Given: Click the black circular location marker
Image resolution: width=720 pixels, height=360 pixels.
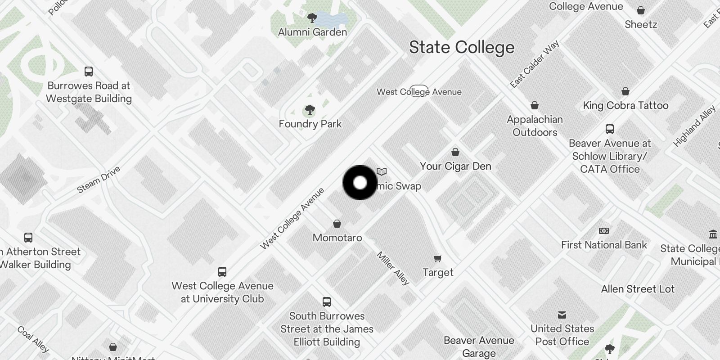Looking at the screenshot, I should coord(360,183).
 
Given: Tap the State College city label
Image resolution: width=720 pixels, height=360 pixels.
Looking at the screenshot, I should coord(461,47).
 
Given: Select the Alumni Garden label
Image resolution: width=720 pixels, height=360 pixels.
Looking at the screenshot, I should coord(312,32).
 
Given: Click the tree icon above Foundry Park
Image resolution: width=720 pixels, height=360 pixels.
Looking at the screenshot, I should coord(310,110).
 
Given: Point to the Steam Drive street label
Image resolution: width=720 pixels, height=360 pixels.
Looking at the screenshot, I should coord(99,180).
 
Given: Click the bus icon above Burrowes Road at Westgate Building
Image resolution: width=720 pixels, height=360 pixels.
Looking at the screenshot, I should coord(89,71).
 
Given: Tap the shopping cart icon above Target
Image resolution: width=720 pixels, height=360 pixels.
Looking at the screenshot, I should coord(438,258).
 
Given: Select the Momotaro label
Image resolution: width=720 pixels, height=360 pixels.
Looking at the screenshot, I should coord(337,238).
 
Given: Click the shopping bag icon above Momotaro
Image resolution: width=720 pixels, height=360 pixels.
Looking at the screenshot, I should coord(337,224).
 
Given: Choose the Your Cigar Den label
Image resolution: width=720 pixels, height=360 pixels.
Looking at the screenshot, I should coord(455,166).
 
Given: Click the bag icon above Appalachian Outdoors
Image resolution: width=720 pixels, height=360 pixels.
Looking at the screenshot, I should coord(535,105).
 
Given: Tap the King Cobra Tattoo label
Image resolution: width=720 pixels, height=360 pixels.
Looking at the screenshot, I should coord(625,105).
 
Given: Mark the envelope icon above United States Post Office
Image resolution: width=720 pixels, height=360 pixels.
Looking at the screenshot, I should coord(562,315).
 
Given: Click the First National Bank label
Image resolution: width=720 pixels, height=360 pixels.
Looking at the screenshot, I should coord(604,245).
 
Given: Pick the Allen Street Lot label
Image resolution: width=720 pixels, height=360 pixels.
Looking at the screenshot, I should coord(638,289).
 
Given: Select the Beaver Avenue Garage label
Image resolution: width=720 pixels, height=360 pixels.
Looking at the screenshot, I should coord(479,346).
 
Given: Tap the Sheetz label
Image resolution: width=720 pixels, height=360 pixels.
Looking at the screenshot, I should coord(641,24).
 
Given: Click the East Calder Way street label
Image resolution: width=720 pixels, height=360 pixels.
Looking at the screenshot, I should coord(535,63).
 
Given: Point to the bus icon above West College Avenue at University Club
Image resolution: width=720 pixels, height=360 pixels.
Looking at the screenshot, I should coord(222,272).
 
